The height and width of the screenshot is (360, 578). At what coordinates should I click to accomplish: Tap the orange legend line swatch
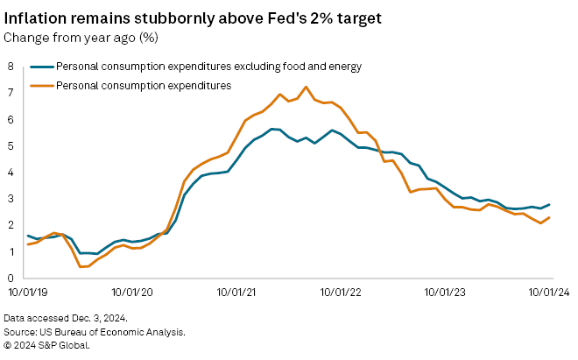coord(41,85)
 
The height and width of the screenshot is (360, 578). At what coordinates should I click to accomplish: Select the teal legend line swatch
coord(41,66)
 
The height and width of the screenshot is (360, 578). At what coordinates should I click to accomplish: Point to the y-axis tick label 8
coord(11,66)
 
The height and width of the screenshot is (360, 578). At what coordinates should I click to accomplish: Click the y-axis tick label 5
coord(11,145)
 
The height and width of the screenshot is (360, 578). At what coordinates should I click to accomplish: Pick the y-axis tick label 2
coord(11,225)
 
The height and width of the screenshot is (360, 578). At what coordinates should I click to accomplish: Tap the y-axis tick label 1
coord(11,251)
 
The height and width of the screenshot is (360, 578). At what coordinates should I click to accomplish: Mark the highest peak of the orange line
coord(306,87)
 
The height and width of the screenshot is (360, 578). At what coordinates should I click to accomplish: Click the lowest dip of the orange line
coord(83,266)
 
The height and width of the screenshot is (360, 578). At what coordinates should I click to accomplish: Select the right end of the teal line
coord(549,204)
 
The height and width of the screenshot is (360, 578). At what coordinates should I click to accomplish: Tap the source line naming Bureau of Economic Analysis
coord(95,333)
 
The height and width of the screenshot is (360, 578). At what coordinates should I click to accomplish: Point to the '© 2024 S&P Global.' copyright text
coord(48,344)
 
